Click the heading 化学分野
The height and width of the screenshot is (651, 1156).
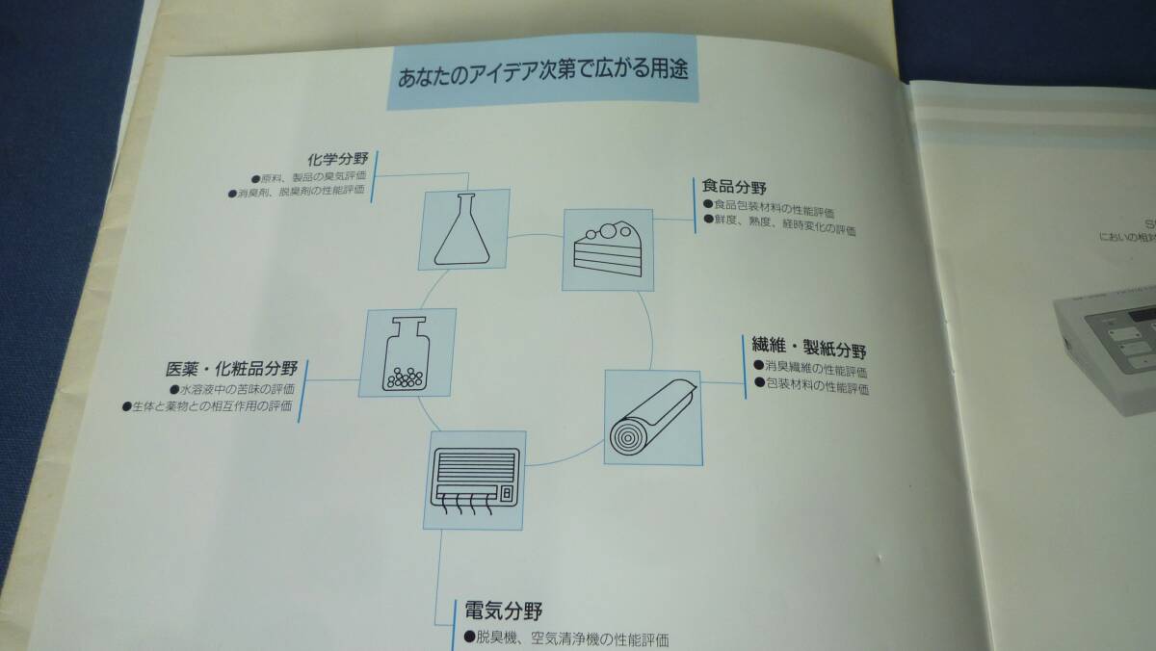pos(338,159)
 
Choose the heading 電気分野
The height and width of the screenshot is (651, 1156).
pos(503,611)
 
